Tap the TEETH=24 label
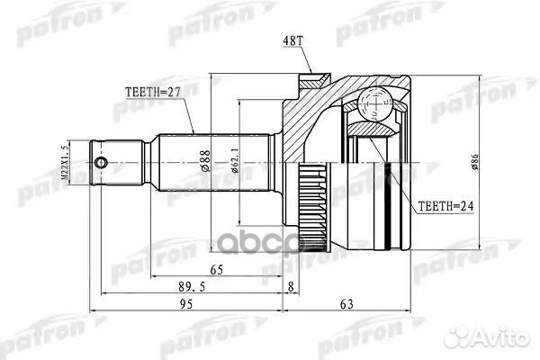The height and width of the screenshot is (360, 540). [446, 205]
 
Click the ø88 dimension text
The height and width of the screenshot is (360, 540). [206, 161]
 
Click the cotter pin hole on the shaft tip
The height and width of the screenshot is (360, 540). [103, 163]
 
